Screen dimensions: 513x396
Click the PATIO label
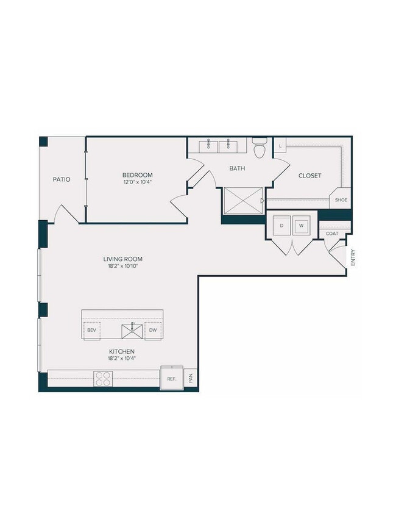click(x=61, y=179)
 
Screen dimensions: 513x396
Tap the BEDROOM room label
click(x=138, y=175)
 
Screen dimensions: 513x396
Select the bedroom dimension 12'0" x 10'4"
click(x=138, y=182)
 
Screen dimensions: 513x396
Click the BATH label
click(x=237, y=168)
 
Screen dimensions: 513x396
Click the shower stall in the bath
click(x=242, y=200)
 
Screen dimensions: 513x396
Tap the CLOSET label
click(x=309, y=176)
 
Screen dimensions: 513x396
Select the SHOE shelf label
click(x=341, y=200)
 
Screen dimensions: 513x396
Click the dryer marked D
click(x=281, y=225)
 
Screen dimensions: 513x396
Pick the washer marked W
click(x=301, y=225)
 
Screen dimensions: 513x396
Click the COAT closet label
click(x=332, y=234)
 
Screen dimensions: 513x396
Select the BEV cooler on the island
click(x=92, y=330)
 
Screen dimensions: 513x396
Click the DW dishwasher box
click(x=153, y=330)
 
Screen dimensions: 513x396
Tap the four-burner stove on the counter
click(x=102, y=379)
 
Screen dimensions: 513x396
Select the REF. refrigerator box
click(x=171, y=379)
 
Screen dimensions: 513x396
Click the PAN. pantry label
click(x=191, y=378)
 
